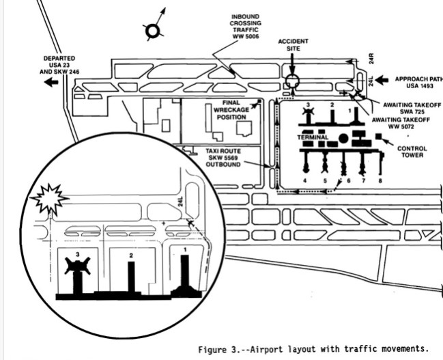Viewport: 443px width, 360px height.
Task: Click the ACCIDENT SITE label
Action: coord(293,45)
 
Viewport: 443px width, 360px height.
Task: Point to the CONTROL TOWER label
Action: coord(412,152)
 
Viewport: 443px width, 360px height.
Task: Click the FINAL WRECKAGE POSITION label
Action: coord(227,110)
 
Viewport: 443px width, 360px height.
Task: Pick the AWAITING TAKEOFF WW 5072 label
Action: coord(397,122)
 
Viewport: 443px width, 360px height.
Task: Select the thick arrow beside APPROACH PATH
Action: coord(383,79)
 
